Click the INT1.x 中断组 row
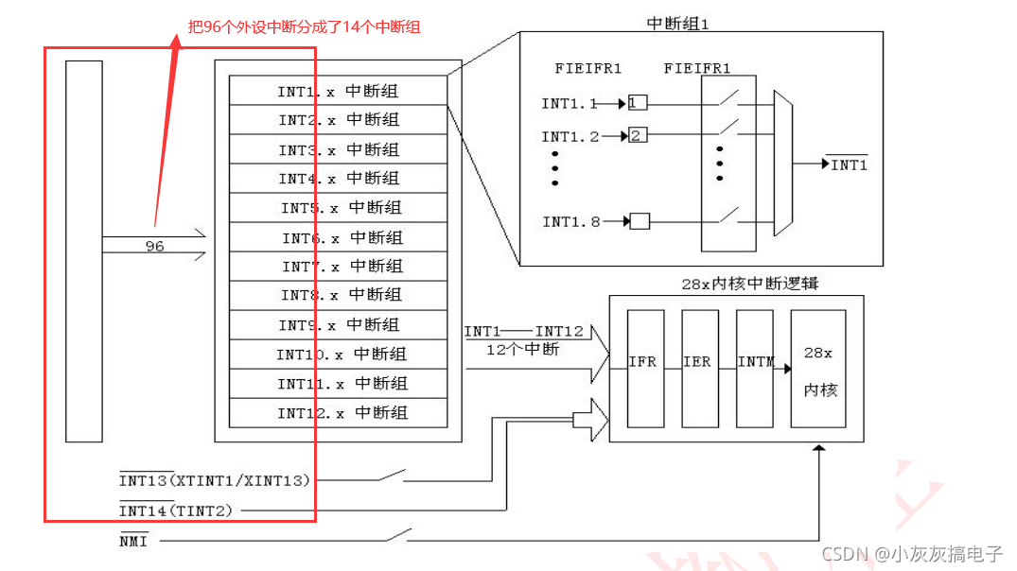click(339, 92)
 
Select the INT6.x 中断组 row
click(339, 237)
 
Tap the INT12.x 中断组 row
click(339, 413)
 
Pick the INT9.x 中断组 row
click(339, 325)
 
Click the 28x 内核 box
click(818, 369)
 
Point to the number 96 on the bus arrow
click(154, 247)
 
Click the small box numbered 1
click(638, 102)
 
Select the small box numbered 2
click(638, 136)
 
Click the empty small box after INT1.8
click(640, 222)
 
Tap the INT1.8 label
click(570, 222)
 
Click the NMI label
click(133, 541)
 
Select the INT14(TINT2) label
click(175, 510)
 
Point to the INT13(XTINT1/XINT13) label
click(215, 480)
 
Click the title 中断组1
click(678, 23)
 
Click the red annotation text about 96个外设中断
click(305, 27)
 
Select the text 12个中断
click(523, 349)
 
